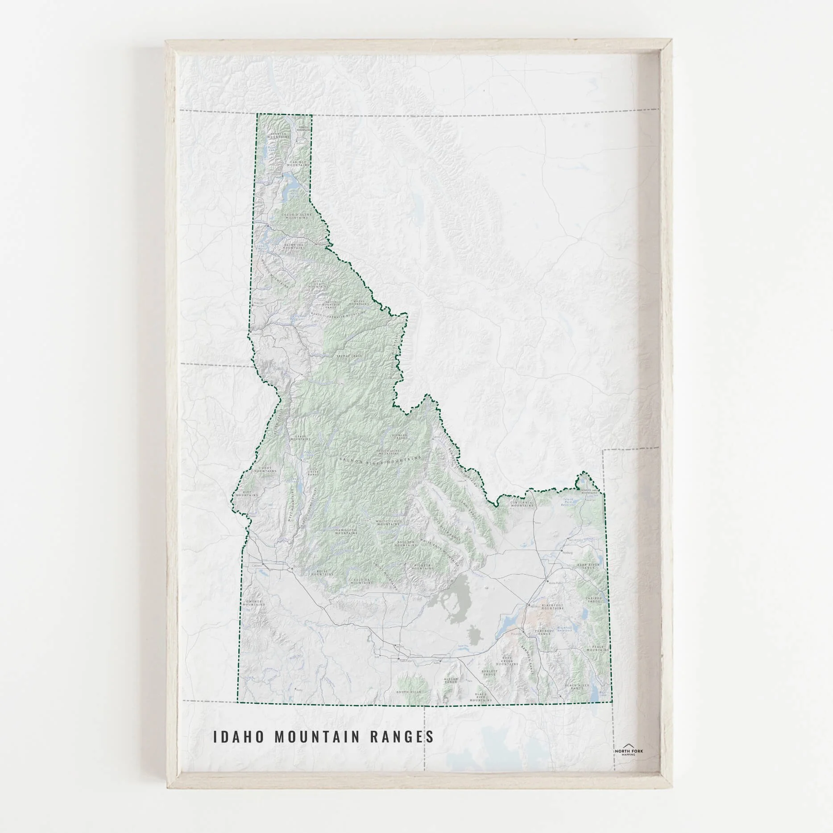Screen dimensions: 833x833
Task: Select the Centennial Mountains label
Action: tap(522, 504)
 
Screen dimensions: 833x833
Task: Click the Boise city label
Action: tap(296, 568)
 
